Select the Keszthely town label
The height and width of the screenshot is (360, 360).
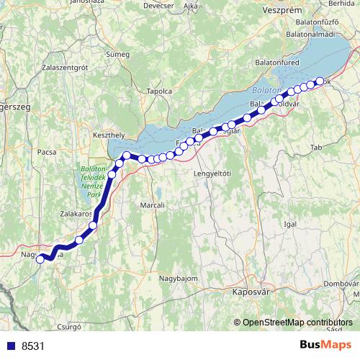click(x=110, y=134)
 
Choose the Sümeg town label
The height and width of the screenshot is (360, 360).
click(x=117, y=54)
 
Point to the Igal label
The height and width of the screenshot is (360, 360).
click(x=291, y=224)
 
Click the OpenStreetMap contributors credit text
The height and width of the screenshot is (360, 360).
click(x=297, y=323)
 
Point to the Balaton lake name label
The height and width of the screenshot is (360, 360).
click(x=265, y=91)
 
